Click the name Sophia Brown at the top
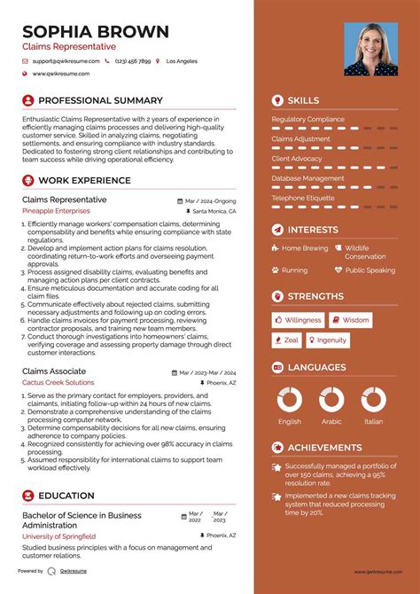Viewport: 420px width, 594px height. (96, 32)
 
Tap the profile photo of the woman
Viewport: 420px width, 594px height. (369, 49)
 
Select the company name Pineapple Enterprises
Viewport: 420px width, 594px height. (56, 212)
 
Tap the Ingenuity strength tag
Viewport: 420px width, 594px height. (327, 340)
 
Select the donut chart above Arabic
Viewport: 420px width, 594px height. (331, 399)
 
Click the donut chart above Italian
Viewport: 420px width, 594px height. (373, 399)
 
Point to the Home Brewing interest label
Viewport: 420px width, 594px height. (305, 248)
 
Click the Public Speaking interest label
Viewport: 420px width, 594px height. (370, 270)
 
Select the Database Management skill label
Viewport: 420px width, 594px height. (307, 178)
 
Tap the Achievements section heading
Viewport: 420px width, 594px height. (324, 448)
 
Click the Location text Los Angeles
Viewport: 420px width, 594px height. (182, 61)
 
